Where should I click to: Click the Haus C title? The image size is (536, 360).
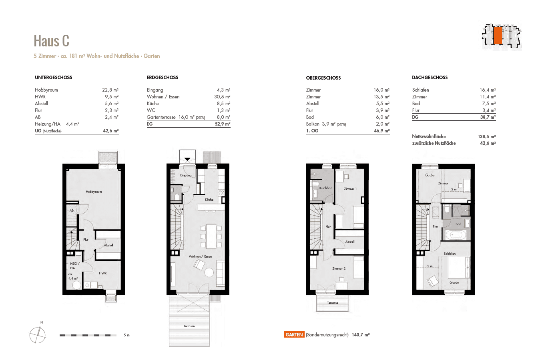coord(51,41)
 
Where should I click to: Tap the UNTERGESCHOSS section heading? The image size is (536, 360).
coord(53,78)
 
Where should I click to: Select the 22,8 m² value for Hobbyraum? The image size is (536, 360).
coord(110,90)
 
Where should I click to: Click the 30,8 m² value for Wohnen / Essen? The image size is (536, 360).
coord(222,97)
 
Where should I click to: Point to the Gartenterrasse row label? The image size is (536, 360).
coord(162,117)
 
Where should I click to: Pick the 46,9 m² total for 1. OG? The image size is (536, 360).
coord(381,131)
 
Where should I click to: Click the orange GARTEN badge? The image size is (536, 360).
coord(294,335)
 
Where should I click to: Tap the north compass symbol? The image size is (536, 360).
coord(37,334)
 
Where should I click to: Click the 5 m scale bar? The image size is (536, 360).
coord(88,335)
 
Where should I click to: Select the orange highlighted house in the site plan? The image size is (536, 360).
coord(497,36)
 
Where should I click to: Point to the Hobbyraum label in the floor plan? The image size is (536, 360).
coord(94,192)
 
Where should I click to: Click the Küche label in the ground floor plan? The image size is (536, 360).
coord(209,200)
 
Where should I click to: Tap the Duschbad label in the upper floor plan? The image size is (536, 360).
coord(325,188)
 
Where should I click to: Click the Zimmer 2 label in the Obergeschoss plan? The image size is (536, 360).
coord(339,268)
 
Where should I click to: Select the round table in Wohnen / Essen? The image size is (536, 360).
coord(209,272)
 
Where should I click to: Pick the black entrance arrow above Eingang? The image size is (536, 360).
coord(187,159)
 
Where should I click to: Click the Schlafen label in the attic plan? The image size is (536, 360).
coord(450,254)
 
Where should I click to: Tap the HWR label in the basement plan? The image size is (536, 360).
coord(102,273)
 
